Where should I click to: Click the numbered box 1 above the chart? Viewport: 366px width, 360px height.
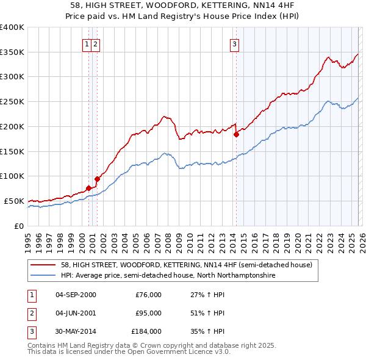click(x=87, y=43)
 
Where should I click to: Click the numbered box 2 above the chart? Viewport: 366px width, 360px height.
click(x=96, y=43)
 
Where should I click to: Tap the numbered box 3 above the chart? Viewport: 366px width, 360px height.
click(x=234, y=43)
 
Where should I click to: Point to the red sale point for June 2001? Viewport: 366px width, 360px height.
click(x=97, y=179)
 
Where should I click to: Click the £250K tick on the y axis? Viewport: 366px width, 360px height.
click(x=12, y=102)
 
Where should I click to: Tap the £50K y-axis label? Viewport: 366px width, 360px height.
click(x=14, y=201)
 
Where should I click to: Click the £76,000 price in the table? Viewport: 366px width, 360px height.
click(x=148, y=295)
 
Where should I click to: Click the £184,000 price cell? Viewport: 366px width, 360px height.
click(x=146, y=331)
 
